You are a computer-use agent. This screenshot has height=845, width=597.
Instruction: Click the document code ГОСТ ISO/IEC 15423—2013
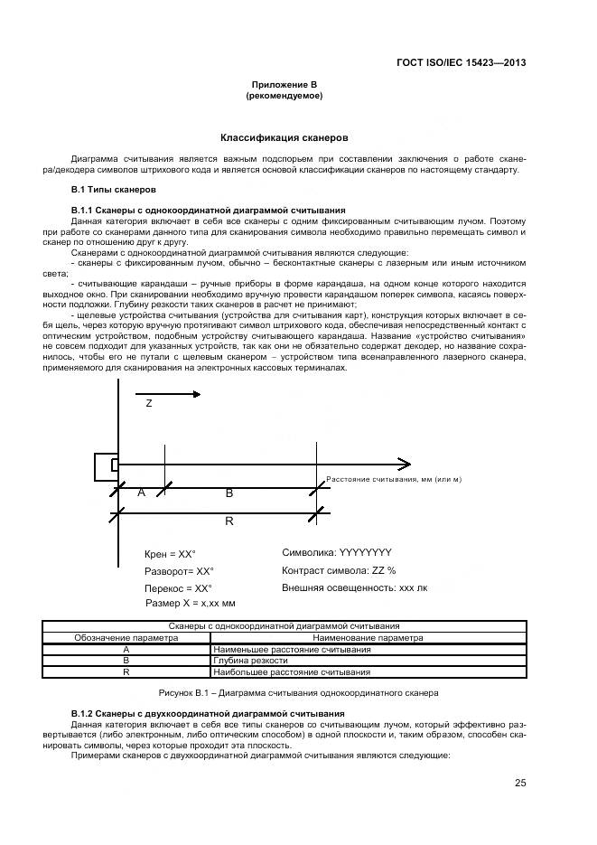(x=461, y=62)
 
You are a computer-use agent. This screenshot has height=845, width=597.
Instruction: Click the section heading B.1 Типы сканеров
(x=113, y=190)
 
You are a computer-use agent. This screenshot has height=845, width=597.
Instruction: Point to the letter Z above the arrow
(x=149, y=405)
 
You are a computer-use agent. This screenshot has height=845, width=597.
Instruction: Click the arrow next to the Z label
(x=167, y=393)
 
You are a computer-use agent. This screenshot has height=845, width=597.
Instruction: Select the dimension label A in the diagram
(x=141, y=493)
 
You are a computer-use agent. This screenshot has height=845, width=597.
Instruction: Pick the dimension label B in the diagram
(x=229, y=493)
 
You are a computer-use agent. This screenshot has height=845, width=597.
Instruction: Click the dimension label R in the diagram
(x=229, y=521)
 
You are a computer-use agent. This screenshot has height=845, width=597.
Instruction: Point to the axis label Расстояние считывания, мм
(x=393, y=478)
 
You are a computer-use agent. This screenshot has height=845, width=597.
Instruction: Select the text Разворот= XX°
(x=180, y=571)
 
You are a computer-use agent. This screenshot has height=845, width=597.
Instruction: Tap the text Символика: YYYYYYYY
(x=337, y=552)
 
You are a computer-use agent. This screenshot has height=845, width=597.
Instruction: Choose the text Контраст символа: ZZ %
(x=339, y=570)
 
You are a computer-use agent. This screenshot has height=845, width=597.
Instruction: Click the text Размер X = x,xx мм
(x=190, y=603)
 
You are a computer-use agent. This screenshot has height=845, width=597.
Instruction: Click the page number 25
(x=520, y=783)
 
